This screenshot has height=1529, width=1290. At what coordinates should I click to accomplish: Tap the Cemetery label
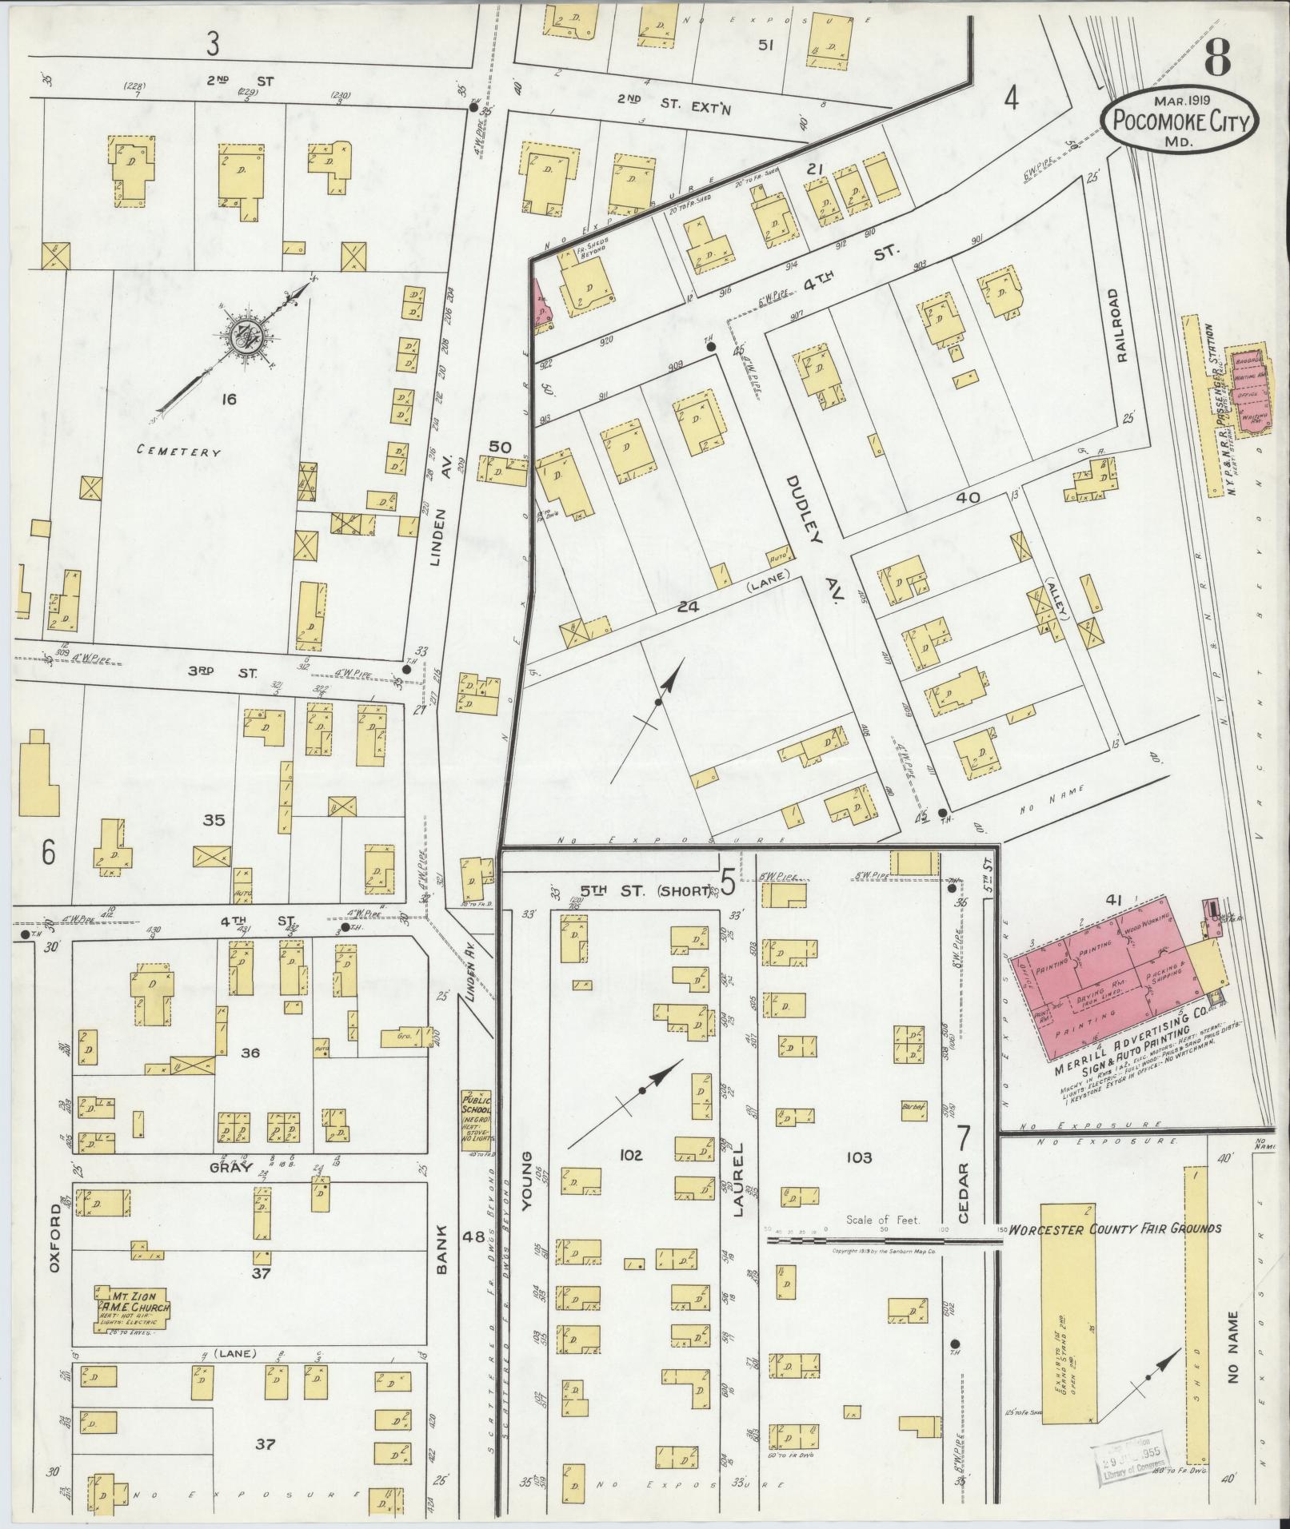coord(178,452)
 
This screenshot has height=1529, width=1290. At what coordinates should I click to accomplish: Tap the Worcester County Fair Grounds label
coord(1114,1251)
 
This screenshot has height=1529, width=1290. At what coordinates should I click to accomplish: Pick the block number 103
coord(855,1157)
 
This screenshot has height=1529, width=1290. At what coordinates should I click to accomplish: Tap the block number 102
coord(630,1156)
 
